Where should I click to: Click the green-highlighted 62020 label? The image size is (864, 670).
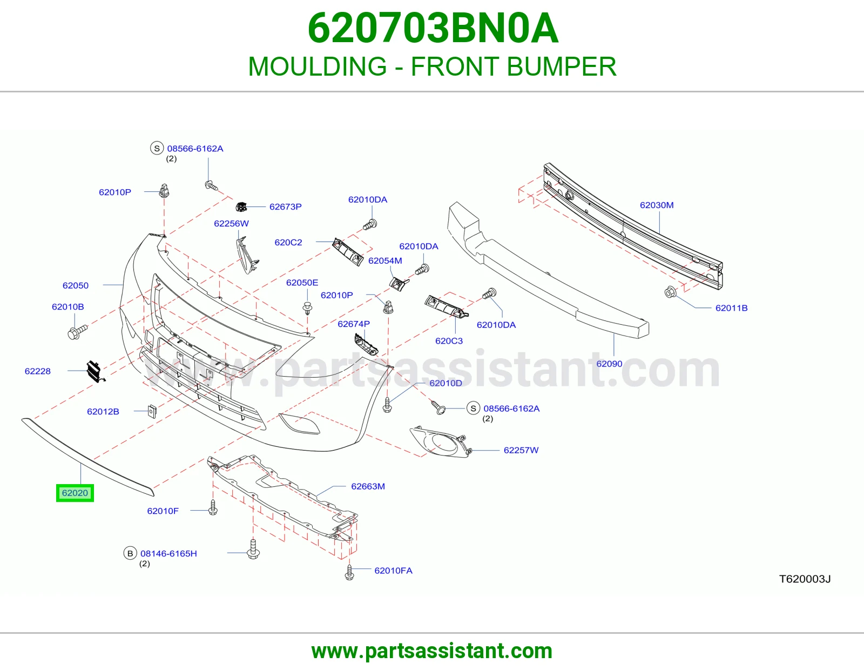click(x=75, y=493)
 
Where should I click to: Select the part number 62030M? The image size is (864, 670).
click(x=657, y=205)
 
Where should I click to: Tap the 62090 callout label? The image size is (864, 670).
click(x=609, y=364)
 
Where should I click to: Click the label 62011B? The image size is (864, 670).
click(x=731, y=308)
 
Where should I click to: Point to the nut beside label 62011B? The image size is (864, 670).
click(x=670, y=292)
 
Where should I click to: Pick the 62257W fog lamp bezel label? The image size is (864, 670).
click(x=521, y=450)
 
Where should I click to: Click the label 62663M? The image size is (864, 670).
click(x=368, y=486)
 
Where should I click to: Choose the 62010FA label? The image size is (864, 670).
click(x=393, y=571)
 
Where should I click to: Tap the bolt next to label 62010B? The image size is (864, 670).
click(x=78, y=332)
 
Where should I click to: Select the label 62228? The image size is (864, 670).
click(x=37, y=371)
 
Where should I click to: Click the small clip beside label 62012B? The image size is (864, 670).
click(x=152, y=411)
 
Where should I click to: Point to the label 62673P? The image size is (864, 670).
click(x=285, y=206)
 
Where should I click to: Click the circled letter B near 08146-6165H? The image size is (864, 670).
click(x=130, y=553)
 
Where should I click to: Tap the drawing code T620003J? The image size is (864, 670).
click(x=805, y=579)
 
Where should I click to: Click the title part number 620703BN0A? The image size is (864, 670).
click(x=433, y=28)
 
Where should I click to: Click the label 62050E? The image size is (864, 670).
click(x=302, y=283)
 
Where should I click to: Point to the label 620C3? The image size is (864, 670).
click(x=449, y=340)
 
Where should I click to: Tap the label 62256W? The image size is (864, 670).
click(x=231, y=223)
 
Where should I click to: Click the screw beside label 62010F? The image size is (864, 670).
click(x=213, y=508)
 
